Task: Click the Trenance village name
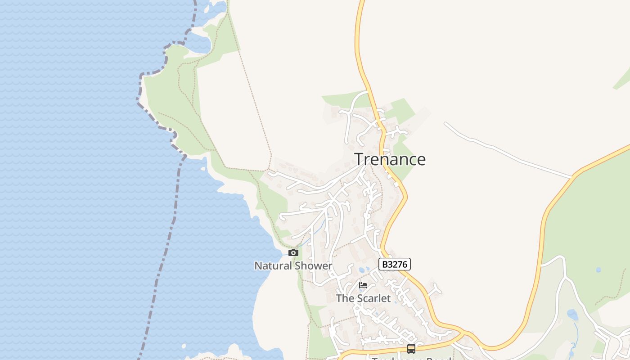click(x=390, y=159)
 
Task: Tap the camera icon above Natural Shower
click(x=293, y=253)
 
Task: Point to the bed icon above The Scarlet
click(x=363, y=285)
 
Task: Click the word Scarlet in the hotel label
click(x=373, y=298)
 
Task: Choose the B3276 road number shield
click(x=395, y=264)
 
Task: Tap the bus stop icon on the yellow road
click(x=411, y=348)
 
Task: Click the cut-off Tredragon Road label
click(x=411, y=358)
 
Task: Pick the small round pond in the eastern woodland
click(x=598, y=270)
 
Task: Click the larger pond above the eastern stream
click(x=572, y=314)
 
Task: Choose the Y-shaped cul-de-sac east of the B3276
click(x=434, y=290)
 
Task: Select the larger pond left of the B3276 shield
click(x=362, y=270)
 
